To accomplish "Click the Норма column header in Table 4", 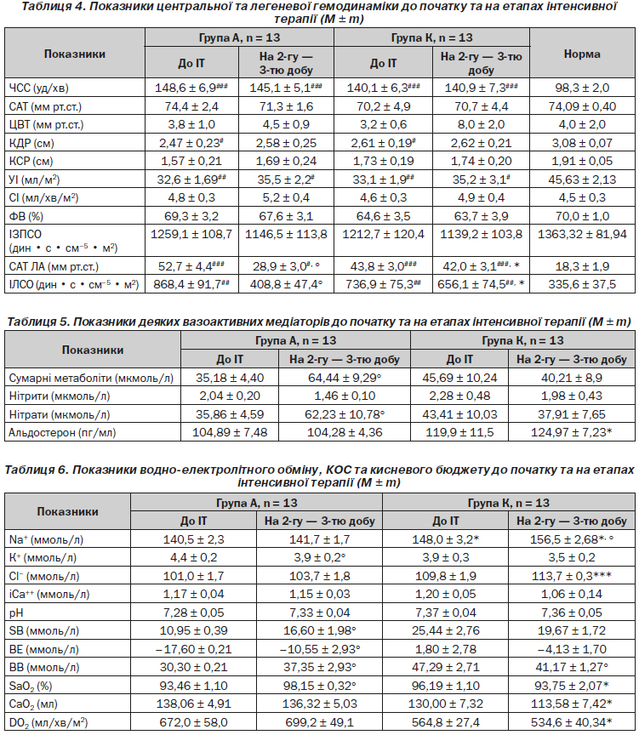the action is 582,54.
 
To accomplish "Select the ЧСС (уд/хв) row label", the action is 38,88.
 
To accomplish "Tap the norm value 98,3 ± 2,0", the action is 582,88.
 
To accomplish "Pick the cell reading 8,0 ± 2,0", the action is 481,125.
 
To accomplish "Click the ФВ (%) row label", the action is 26,217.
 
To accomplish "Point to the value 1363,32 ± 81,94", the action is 582,235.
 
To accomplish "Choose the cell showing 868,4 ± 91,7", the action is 191,284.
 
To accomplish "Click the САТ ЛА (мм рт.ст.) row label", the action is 54,267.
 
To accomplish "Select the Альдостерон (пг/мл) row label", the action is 62,433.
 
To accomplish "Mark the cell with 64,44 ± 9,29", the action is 345,378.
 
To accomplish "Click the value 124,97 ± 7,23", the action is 572,433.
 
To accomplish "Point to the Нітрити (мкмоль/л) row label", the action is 60,396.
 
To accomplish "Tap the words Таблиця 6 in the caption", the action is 36,470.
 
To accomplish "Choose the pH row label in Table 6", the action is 16,613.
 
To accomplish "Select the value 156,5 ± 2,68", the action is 572,539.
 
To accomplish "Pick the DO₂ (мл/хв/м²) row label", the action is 48,723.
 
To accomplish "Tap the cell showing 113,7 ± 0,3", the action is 572,576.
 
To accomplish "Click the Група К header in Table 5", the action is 522,341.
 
